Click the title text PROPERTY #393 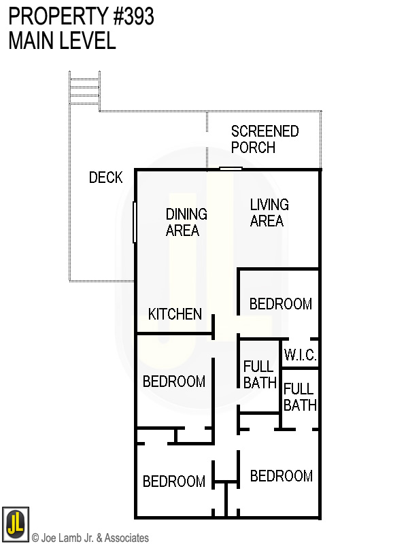[81, 17]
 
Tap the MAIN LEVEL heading [62, 41]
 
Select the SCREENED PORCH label [265, 139]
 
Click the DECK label [105, 178]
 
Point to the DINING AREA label [186, 222]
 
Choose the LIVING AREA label [269, 213]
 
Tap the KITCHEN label [175, 314]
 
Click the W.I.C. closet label [300, 355]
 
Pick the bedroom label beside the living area [280, 304]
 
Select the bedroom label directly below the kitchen [173, 381]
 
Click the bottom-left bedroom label [173, 481]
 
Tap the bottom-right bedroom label [281, 476]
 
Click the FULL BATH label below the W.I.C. [300, 397]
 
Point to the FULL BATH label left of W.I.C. [260, 375]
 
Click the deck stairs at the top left [84, 88]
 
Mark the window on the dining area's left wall [135, 221]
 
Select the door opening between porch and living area [231, 169]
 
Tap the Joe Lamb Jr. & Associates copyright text [90, 538]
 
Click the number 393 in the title [135, 17]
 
